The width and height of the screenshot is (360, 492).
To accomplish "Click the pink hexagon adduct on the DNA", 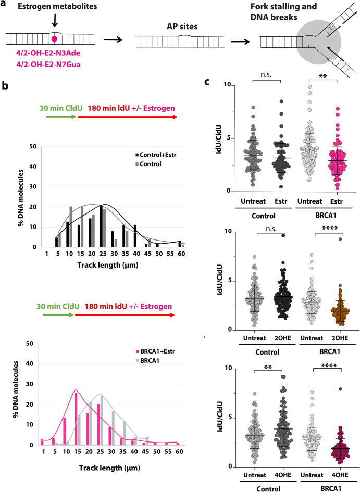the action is tap(55, 39).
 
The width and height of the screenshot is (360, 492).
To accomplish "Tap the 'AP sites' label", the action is tap(182, 27).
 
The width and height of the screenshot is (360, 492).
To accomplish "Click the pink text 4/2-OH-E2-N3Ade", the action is tap(48, 54).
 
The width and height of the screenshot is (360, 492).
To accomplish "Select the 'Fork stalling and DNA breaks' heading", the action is tap(283, 11).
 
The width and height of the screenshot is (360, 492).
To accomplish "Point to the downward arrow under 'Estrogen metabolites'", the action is tap(55, 20).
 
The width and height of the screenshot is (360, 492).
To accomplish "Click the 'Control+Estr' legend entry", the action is tap(156, 155).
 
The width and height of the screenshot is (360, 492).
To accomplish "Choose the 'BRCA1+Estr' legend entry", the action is tap(155, 351).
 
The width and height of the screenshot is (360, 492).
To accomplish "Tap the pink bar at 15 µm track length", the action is tap(76, 419).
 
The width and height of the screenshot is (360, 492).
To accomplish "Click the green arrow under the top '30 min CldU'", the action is tap(61, 117).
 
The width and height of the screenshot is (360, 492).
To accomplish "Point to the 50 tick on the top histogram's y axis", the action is tap(33, 146).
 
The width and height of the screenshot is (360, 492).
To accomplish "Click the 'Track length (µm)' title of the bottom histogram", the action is tap(109, 468).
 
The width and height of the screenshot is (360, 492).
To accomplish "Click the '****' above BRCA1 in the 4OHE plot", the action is tap(329, 365).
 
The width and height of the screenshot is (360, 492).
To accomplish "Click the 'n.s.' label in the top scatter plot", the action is tap(266, 74).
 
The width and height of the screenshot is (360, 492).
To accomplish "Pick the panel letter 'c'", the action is tap(207, 82).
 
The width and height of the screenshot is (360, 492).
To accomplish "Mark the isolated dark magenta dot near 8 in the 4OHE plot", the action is tap(340, 389).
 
